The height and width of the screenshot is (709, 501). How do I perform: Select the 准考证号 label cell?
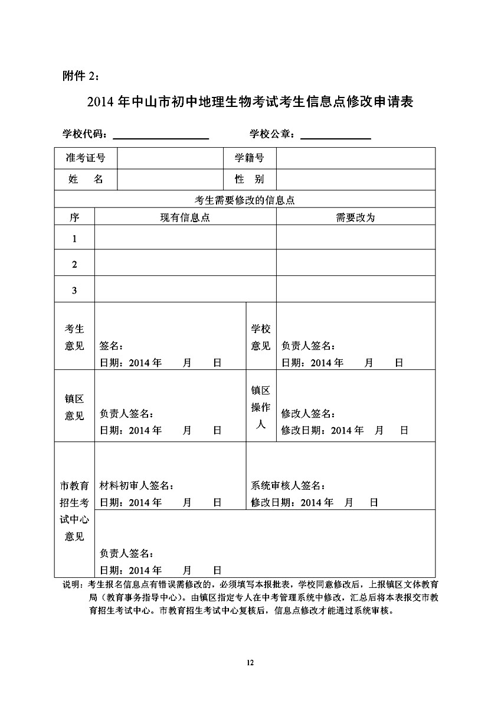tap(86, 158)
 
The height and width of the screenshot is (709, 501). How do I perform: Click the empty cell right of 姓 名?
tap(170, 180)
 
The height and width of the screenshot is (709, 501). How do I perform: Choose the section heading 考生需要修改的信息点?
tap(244, 199)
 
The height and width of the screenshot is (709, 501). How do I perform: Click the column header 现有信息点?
tap(185, 217)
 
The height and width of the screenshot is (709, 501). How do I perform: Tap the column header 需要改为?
tap(355, 217)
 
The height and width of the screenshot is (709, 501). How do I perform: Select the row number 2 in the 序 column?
tap(74, 265)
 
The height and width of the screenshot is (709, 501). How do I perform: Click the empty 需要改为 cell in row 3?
tap(355, 290)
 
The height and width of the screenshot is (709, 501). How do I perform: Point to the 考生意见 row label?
tap(74, 337)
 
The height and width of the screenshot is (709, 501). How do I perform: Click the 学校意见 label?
tap(261, 337)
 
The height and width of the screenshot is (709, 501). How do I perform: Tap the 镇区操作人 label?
tap(261, 407)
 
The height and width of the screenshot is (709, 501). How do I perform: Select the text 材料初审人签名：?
tap(136, 486)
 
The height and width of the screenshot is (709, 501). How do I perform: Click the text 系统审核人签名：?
tap(288, 486)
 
